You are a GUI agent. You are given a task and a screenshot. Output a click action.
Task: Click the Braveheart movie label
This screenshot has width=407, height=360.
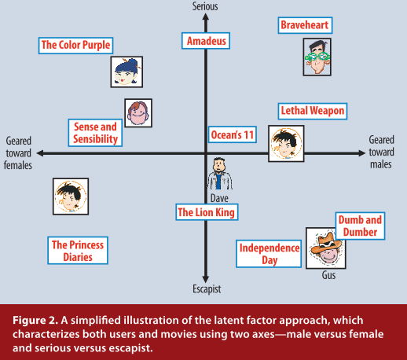[305, 25]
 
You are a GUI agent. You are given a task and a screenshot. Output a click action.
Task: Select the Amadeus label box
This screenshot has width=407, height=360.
[206, 41]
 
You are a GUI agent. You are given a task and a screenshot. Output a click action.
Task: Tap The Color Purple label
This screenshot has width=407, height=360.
[75, 46]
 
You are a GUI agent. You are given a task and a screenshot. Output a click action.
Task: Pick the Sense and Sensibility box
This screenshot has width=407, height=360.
[95, 133]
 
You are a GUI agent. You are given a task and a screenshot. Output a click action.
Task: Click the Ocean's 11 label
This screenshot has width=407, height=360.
[233, 134]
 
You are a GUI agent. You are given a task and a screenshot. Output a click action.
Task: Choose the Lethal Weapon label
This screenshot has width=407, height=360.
[313, 111]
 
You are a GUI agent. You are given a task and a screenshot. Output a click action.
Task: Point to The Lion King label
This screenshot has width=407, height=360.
[207, 212]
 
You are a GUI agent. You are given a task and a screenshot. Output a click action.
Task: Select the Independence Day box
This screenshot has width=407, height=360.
[269, 254]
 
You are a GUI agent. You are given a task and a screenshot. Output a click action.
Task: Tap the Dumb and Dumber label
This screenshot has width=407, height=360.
[360, 226]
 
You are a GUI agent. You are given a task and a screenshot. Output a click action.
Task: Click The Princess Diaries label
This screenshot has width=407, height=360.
[78, 251]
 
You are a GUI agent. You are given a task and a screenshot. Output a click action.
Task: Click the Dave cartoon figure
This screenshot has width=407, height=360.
[219, 173]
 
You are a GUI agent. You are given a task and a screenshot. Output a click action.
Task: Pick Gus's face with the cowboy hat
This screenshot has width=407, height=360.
[326, 248]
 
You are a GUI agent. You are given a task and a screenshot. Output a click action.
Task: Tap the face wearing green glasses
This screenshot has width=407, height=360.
[317, 57]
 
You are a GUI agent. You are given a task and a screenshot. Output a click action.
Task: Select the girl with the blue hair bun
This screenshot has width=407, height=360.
[126, 72]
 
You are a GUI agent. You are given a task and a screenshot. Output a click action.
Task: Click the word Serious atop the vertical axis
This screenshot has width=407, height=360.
[205, 6]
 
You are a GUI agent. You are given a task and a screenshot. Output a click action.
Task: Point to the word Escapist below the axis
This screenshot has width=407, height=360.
[207, 289]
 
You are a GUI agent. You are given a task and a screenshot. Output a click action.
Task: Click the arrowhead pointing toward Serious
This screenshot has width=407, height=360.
[206, 17]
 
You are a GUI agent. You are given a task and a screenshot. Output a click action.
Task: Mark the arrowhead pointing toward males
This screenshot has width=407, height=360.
[361, 153]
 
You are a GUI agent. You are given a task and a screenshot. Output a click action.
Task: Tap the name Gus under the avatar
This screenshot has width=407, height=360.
[328, 275]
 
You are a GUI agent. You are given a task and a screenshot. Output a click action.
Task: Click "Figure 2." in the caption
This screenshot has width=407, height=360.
[35, 320]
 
